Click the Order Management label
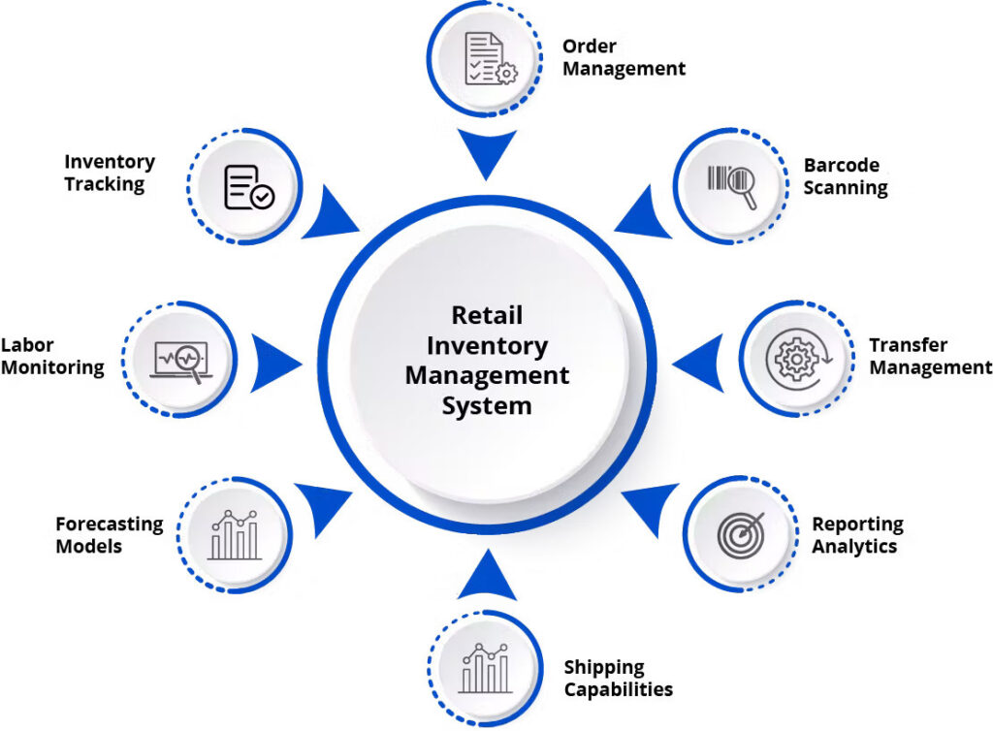coord(624,57)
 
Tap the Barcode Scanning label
coord(845,176)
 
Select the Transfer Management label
coord(930,356)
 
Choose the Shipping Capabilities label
coord(618,679)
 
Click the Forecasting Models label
coord(109,535)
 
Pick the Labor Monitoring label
coord(52,356)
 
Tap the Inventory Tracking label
coord(110,173)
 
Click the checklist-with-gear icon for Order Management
coord(491,59)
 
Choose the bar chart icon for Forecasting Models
coord(235,534)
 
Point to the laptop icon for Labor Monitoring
coord(180,361)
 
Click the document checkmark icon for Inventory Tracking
coord(248,186)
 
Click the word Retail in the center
coord(487,316)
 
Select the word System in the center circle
coord(487,405)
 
